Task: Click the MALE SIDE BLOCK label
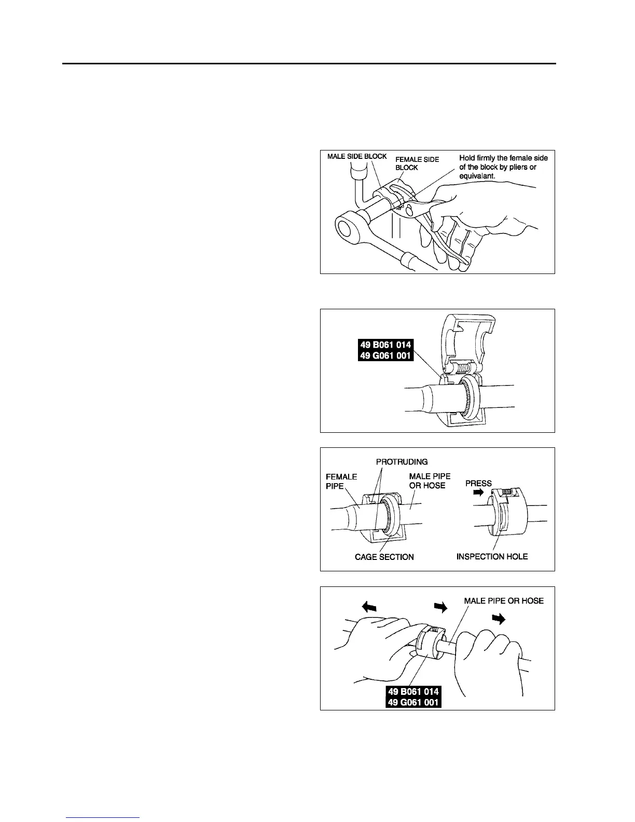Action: click(x=357, y=157)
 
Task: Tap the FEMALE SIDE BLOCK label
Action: click(x=417, y=163)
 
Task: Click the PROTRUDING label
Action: click(x=402, y=461)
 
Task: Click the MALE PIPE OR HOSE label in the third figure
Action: click(x=430, y=481)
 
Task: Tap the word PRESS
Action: click(x=478, y=483)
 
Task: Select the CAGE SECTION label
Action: click(x=384, y=557)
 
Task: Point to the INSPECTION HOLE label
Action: click(x=492, y=556)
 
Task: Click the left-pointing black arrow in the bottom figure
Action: click(x=369, y=606)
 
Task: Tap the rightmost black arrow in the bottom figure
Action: click(x=499, y=619)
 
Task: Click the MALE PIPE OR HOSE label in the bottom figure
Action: click(x=504, y=600)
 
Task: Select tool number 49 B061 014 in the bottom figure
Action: click(x=413, y=691)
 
